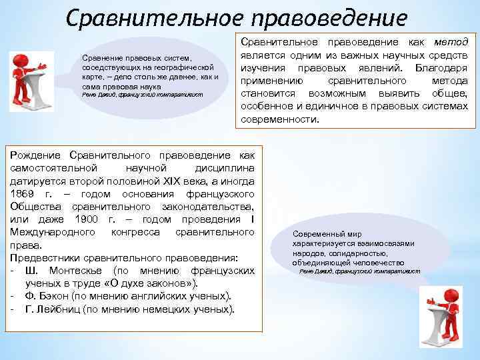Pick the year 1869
click(x=23, y=193)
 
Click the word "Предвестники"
click(x=43, y=258)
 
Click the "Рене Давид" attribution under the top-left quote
click(x=98, y=95)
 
